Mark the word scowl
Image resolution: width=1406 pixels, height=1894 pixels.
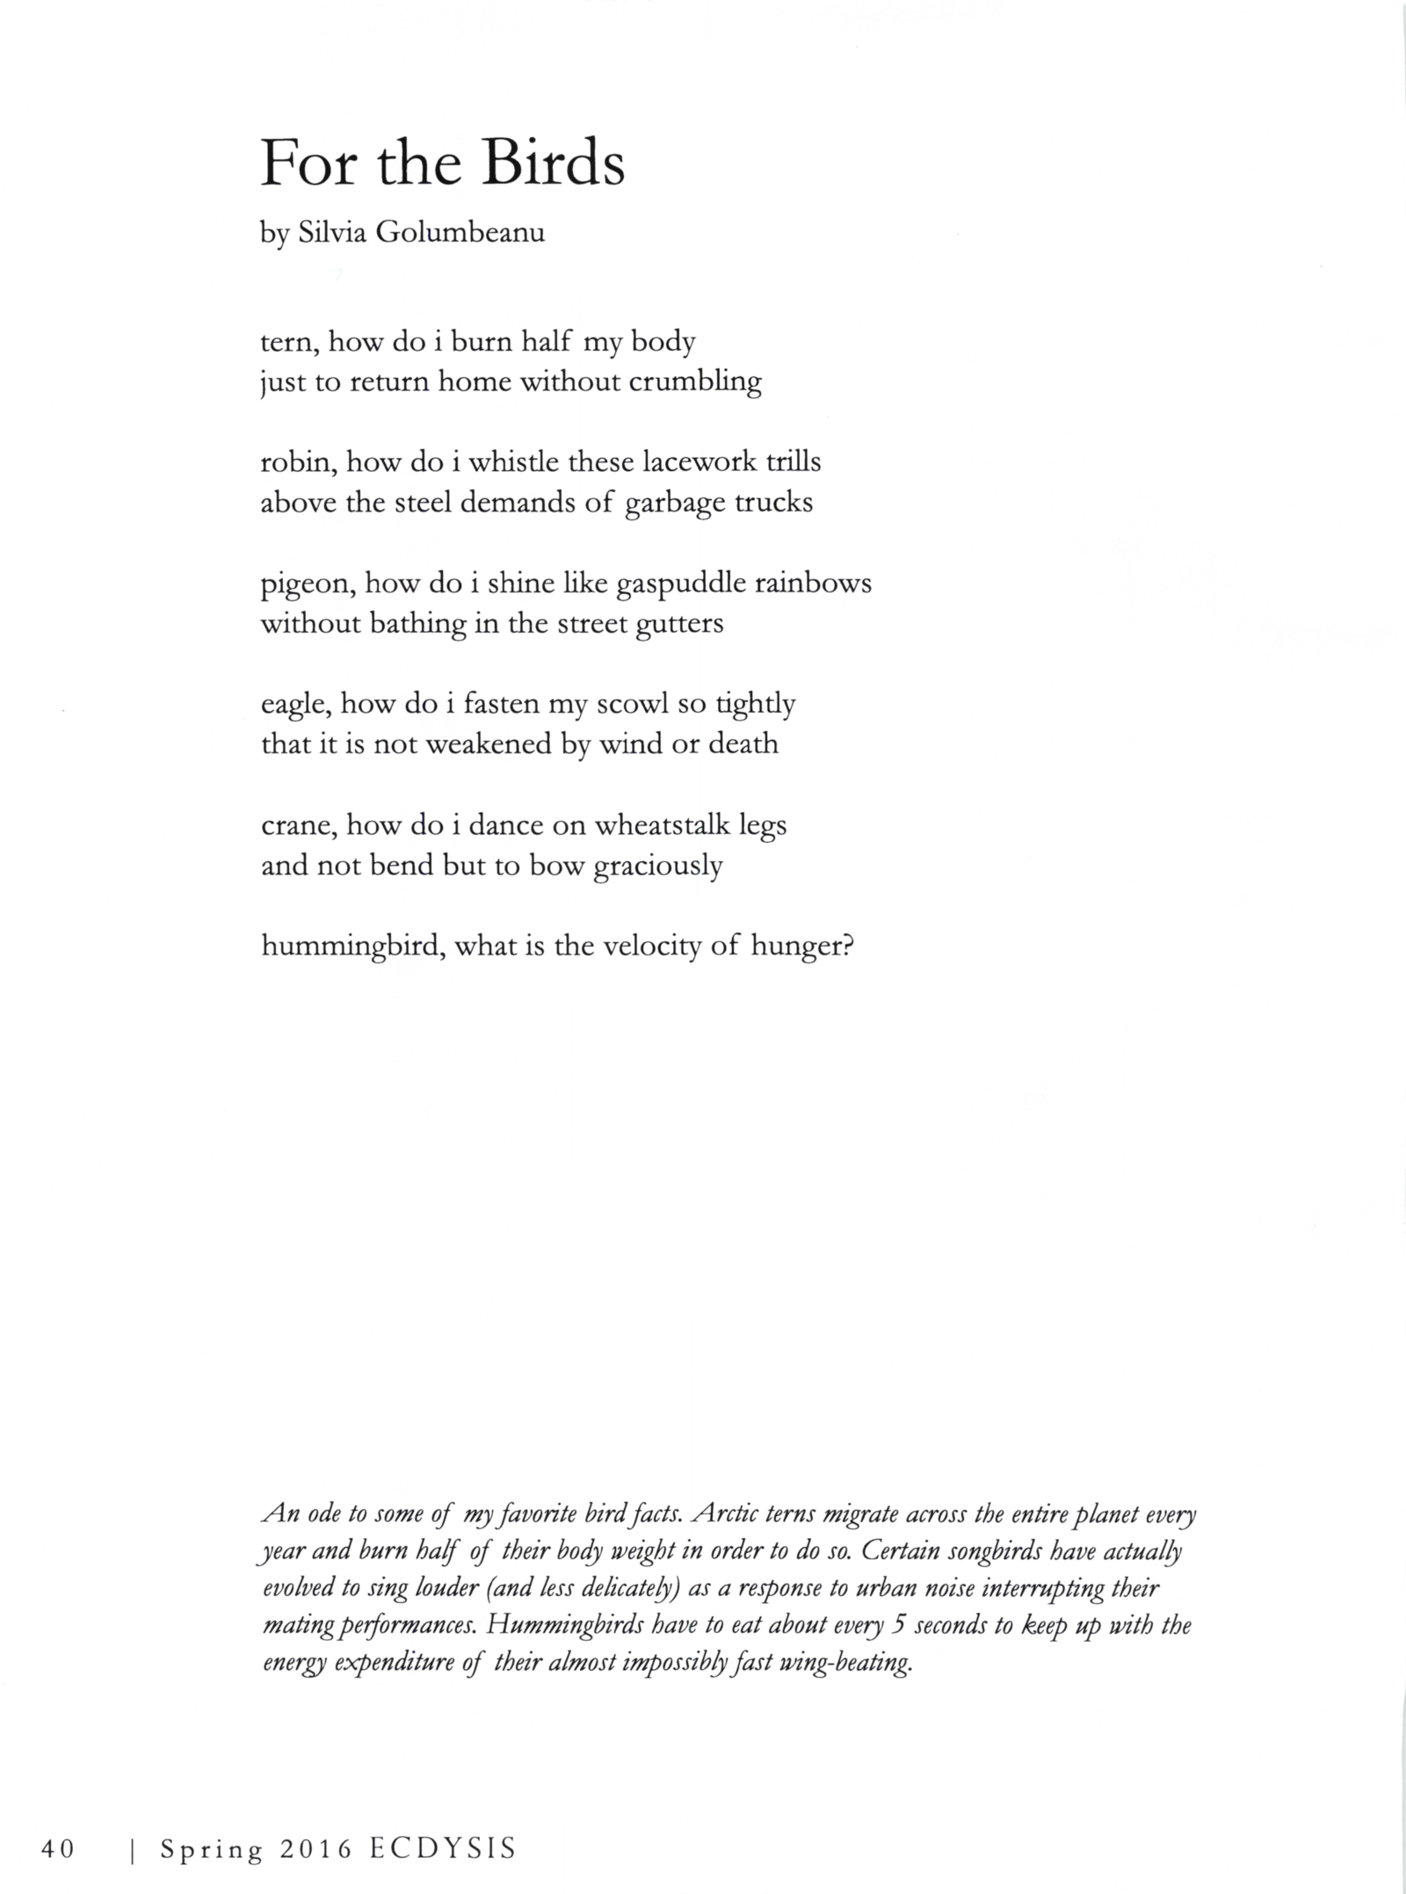click(x=632, y=705)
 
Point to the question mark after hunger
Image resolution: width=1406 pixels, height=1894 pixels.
click(x=847, y=947)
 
